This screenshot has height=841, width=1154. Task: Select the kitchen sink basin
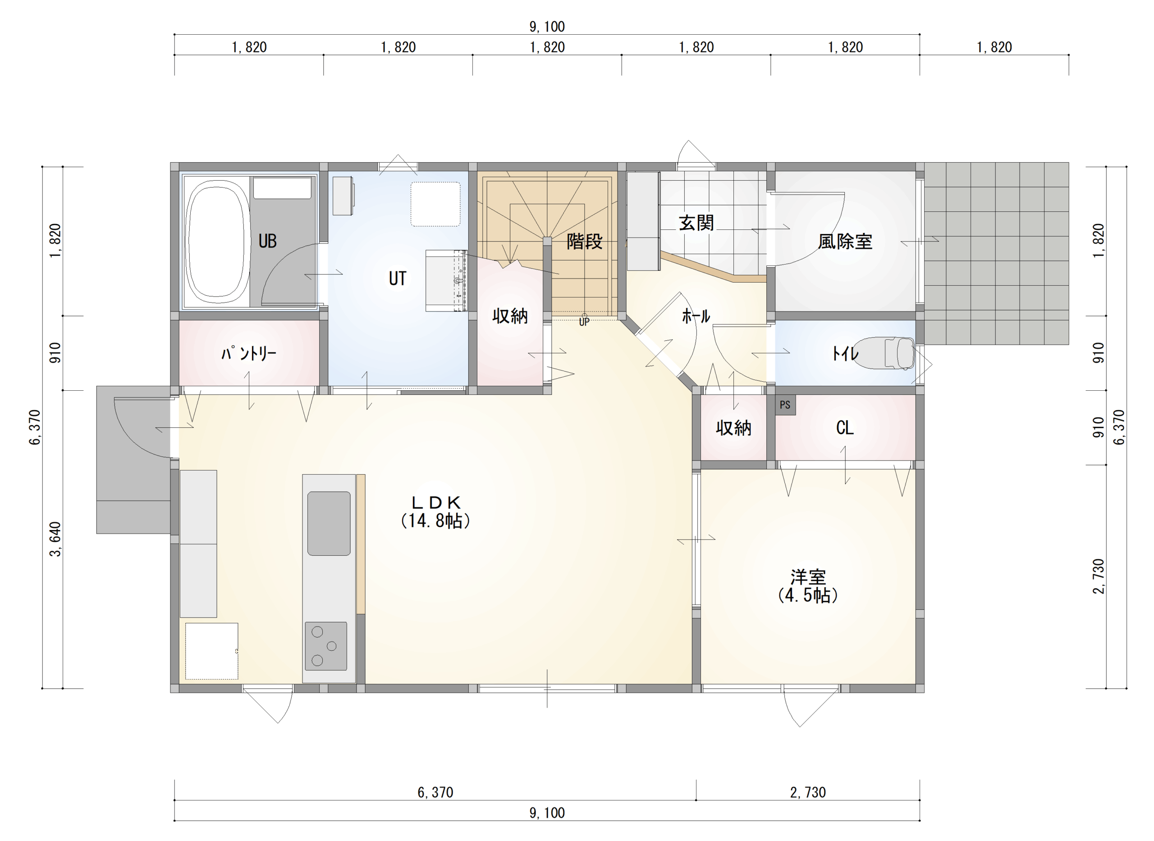pos(329,523)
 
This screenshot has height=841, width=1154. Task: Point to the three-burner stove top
pos(326,646)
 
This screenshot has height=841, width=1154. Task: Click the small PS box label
pos(785,405)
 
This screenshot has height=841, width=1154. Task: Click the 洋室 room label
pos(808,586)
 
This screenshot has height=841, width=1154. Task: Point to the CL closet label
pos(845,428)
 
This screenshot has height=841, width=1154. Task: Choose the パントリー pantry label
pos(249,353)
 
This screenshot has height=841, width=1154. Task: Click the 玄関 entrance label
pos(696,223)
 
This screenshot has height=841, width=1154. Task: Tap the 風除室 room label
pos(845,241)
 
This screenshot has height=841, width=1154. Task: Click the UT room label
pos(398,279)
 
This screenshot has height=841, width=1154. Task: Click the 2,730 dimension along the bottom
pos(808,792)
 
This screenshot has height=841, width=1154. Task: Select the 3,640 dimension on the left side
pos(55,539)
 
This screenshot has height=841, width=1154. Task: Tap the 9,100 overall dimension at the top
pos(547,27)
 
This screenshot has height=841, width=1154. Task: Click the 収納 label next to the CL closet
pos(733,428)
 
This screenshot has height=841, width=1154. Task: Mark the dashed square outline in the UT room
pos(436,204)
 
